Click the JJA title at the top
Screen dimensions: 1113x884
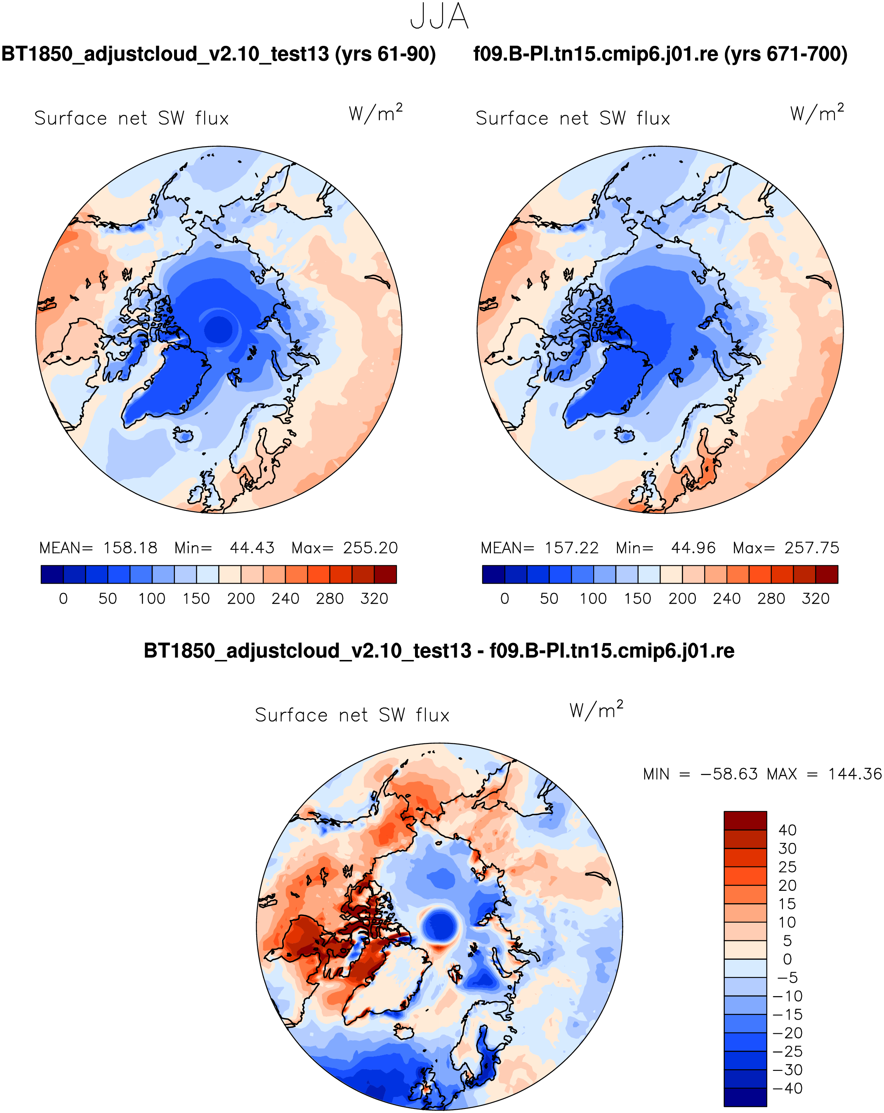(439, 17)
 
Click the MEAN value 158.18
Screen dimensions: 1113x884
(130, 548)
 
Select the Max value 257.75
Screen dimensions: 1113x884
(812, 548)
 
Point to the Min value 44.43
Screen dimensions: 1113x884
(252, 548)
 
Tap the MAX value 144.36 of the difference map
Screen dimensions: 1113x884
(855, 774)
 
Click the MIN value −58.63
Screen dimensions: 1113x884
(729, 774)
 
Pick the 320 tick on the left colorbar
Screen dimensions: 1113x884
(374, 599)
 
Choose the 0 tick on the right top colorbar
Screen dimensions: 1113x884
(504, 599)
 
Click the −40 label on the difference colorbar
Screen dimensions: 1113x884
(787, 1089)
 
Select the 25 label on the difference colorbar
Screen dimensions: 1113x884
(787, 867)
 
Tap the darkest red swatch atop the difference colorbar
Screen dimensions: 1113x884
(745, 820)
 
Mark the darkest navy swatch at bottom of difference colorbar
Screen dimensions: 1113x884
(745, 1098)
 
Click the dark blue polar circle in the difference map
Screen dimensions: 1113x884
(440, 927)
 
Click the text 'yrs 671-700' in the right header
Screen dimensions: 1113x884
(783, 54)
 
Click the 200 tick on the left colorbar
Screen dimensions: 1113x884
(241, 599)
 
